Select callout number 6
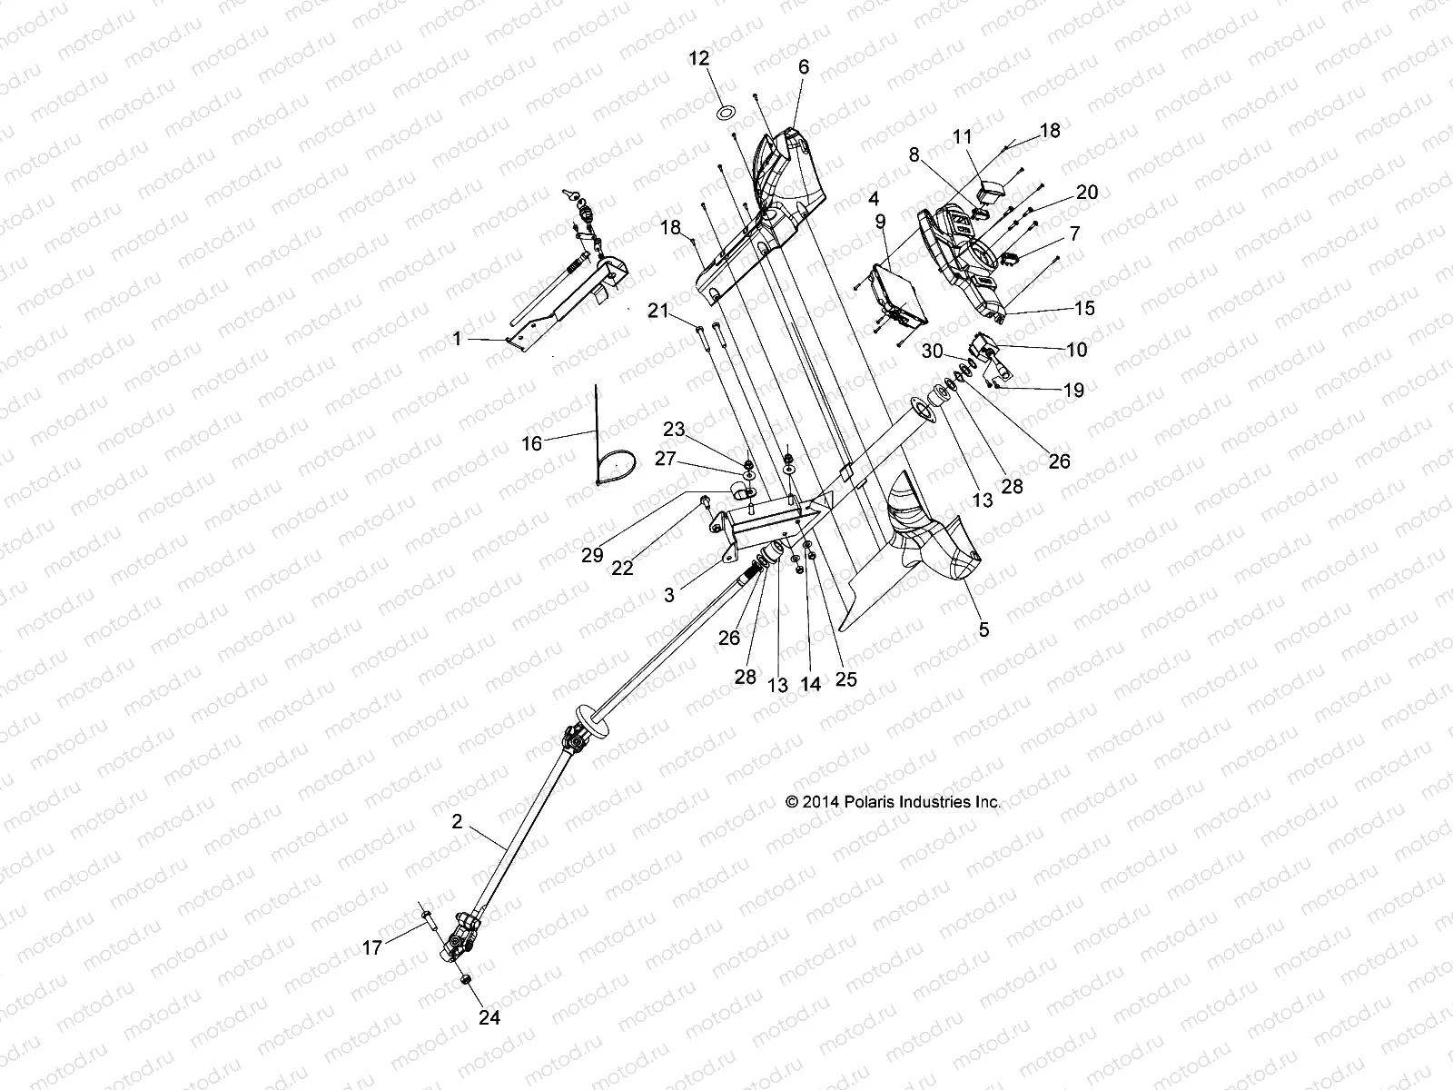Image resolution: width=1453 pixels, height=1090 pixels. pos(804,66)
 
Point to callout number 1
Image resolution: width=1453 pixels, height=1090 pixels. pos(457,339)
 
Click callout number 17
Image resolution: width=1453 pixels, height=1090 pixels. pos(372,948)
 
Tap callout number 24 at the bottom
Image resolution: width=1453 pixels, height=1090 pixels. pos(489,1017)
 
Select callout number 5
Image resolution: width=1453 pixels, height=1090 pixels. pos(983,629)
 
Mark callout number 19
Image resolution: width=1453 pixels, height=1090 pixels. pos(1073,391)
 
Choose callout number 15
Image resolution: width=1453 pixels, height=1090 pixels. pos(1084,308)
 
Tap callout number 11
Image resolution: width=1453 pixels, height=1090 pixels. pos(963,136)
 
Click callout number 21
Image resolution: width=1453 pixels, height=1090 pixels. pos(657,312)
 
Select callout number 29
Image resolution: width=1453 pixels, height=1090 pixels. pos(592,554)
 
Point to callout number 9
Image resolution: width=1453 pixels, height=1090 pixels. pos(880,221)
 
